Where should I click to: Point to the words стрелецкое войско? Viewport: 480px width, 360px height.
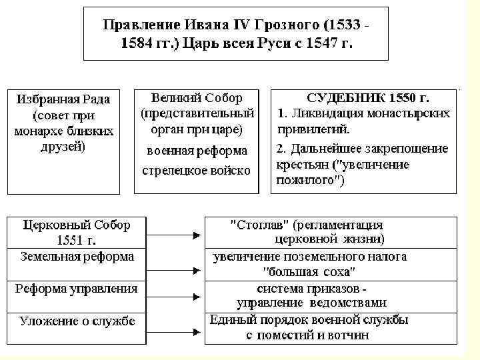point(196,171)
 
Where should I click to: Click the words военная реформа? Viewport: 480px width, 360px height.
point(197,151)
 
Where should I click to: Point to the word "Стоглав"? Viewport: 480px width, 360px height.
point(259,224)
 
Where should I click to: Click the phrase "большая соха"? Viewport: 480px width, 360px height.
point(309,271)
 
